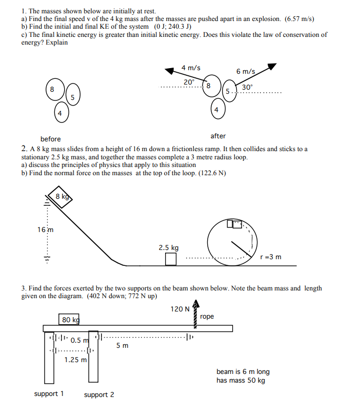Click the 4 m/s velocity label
[191, 68]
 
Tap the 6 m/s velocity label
[246, 71]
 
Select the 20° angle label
[189, 82]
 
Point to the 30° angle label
[247, 88]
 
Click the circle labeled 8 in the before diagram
[52, 89]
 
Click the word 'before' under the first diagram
[50, 139]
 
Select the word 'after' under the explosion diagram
[218, 136]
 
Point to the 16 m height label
[44, 229]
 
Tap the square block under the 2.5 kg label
[170, 259]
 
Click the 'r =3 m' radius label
[271, 257]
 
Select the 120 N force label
[179, 309]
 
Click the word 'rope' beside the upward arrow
[207, 317]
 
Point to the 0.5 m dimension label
[79, 340]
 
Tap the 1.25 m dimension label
[75, 360]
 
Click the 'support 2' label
[99, 394]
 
